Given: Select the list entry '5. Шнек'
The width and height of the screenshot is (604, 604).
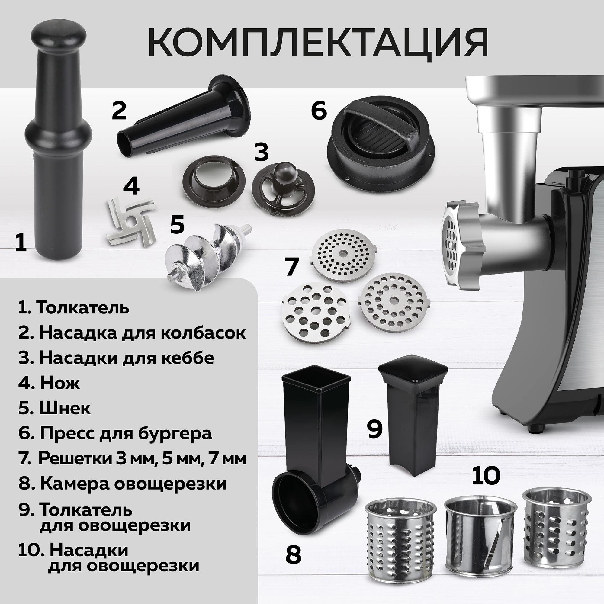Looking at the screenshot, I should coord(54,408).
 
